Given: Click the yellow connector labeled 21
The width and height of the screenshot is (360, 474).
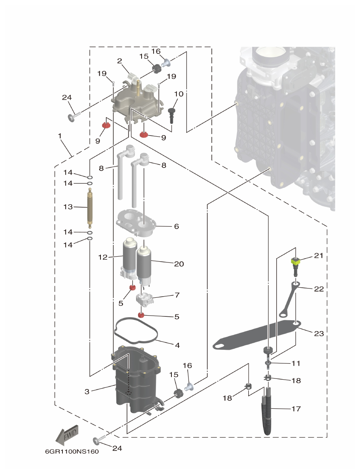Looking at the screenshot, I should pyautogui.click(x=296, y=263).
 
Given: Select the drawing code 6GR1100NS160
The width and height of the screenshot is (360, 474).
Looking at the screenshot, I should pyautogui.click(x=72, y=451).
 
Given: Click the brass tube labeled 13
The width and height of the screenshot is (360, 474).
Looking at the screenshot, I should pyautogui.click(x=90, y=208).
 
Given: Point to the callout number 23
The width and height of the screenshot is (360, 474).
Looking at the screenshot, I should pyautogui.click(x=319, y=333).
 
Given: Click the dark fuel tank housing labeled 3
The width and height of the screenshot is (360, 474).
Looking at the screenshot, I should pyautogui.click(x=136, y=384).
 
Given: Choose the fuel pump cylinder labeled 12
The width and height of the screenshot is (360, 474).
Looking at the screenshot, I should pyautogui.click(x=128, y=256).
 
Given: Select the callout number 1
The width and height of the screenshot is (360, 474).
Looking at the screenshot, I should pyautogui.click(x=60, y=136).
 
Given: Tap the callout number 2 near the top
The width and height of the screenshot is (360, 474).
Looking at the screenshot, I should pyautogui.click(x=119, y=61).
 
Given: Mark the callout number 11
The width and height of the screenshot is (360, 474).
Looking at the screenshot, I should pyautogui.click(x=296, y=363).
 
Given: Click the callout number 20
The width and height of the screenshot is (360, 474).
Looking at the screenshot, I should pyautogui.click(x=179, y=264).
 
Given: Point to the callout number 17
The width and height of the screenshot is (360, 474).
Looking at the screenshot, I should pyautogui.click(x=296, y=409).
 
